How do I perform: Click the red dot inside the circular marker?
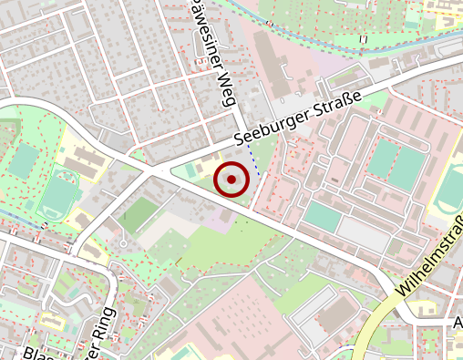(231, 180)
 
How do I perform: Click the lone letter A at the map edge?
(458, 324)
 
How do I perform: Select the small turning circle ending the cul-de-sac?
(121, 243)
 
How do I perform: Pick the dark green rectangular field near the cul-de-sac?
(139, 215)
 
